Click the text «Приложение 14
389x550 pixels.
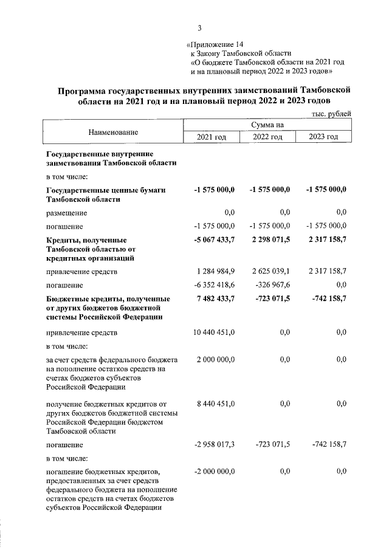[x=216, y=44]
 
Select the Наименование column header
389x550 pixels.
[x=113, y=132]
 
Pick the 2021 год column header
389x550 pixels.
[x=212, y=137]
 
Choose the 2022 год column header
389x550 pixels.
[x=268, y=137]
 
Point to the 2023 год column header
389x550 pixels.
[x=323, y=137]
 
